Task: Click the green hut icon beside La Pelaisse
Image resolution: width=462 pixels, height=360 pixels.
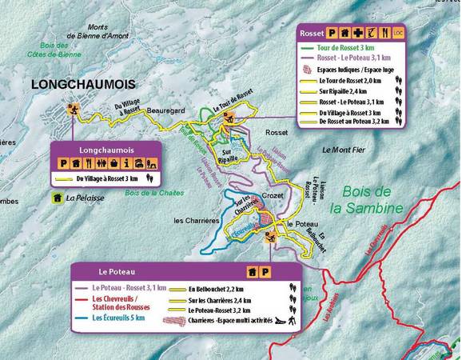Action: coord(58,198)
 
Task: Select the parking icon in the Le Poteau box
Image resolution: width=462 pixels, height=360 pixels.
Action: coord(266,272)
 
